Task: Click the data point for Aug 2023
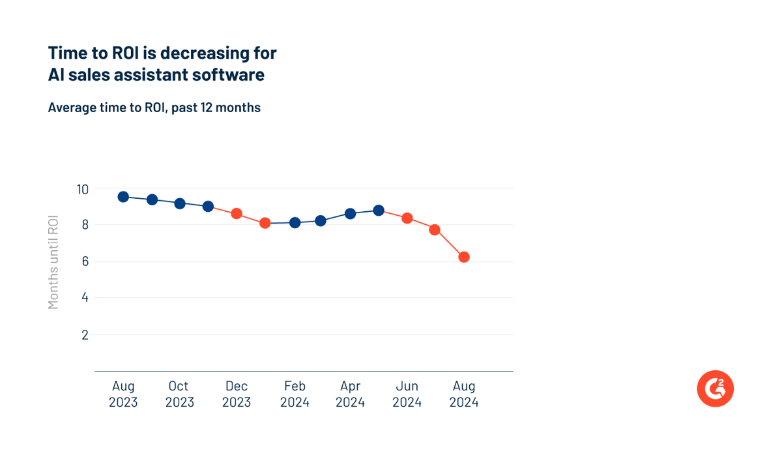(123, 197)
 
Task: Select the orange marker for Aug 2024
(464, 257)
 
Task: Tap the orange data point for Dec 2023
(237, 214)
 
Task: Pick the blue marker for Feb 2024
(295, 222)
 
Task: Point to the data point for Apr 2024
(350, 213)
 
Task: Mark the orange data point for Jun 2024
(407, 218)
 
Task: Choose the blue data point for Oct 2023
(180, 203)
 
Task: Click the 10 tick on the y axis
(82, 189)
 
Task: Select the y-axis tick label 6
(85, 262)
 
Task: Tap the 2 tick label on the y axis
(85, 335)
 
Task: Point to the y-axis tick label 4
(85, 299)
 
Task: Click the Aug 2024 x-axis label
(464, 394)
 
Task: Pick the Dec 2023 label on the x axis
(237, 394)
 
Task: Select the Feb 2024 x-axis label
(295, 394)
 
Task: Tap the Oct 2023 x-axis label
(179, 394)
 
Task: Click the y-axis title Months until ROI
(53, 262)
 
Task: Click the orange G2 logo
(715, 388)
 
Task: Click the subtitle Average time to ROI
(108, 108)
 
